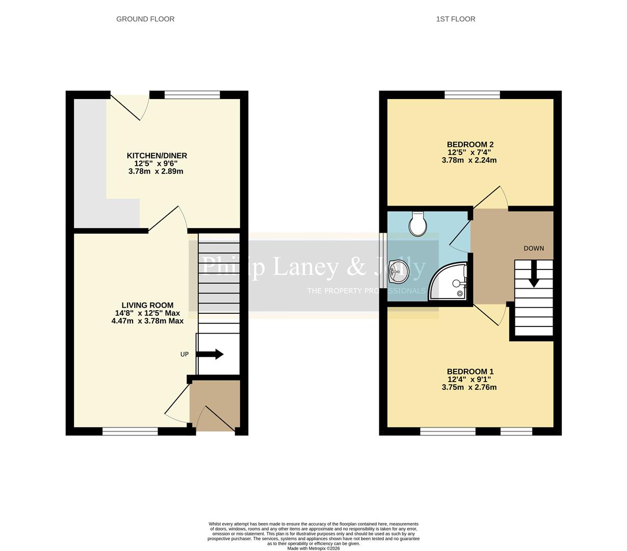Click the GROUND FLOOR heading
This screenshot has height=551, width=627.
(x=145, y=19)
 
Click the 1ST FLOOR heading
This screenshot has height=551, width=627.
(x=455, y=19)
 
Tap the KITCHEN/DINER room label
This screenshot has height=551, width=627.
(x=156, y=156)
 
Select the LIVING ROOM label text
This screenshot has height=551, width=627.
(x=147, y=305)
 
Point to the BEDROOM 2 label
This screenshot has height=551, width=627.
(x=469, y=144)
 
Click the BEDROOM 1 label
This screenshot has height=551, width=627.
(x=469, y=371)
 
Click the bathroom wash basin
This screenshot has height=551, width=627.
(x=398, y=271)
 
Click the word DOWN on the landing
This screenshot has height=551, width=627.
(x=534, y=248)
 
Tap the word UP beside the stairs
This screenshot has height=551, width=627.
(x=185, y=354)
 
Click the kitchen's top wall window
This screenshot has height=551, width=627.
(x=192, y=94)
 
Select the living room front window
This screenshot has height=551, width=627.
(x=130, y=432)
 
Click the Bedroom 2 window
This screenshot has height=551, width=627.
(x=472, y=94)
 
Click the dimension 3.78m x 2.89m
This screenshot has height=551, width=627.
(x=155, y=171)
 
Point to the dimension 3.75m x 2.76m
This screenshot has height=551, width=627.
(x=469, y=387)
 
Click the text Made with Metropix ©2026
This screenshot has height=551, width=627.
(x=313, y=548)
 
